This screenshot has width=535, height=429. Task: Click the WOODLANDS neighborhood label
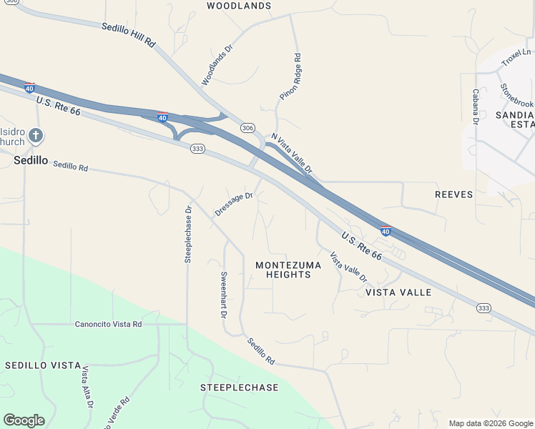[x=239, y=6]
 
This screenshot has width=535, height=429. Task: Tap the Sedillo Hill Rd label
[x=128, y=35]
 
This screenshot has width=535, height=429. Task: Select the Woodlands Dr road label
[x=218, y=66]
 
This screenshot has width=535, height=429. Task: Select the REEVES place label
[x=454, y=194]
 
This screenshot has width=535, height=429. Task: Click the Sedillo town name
[x=31, y=161]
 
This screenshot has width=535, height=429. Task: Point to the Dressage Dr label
[x=234, y=204]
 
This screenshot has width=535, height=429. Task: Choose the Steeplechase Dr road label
[x=188, y=235]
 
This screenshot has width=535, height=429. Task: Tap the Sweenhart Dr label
[x=223, y=295]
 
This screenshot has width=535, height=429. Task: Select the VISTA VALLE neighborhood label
[x=398, y=292]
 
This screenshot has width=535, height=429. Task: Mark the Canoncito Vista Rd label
[x=109, y=324]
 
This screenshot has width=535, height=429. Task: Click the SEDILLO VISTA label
[x=43, y=365]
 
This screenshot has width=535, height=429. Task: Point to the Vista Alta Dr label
[x=87, y=387]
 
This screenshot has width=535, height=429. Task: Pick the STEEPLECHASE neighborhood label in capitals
[x=239, y=388]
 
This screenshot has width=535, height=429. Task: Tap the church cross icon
[x=36, y=134]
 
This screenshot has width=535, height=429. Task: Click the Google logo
[x=24, y=420]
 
